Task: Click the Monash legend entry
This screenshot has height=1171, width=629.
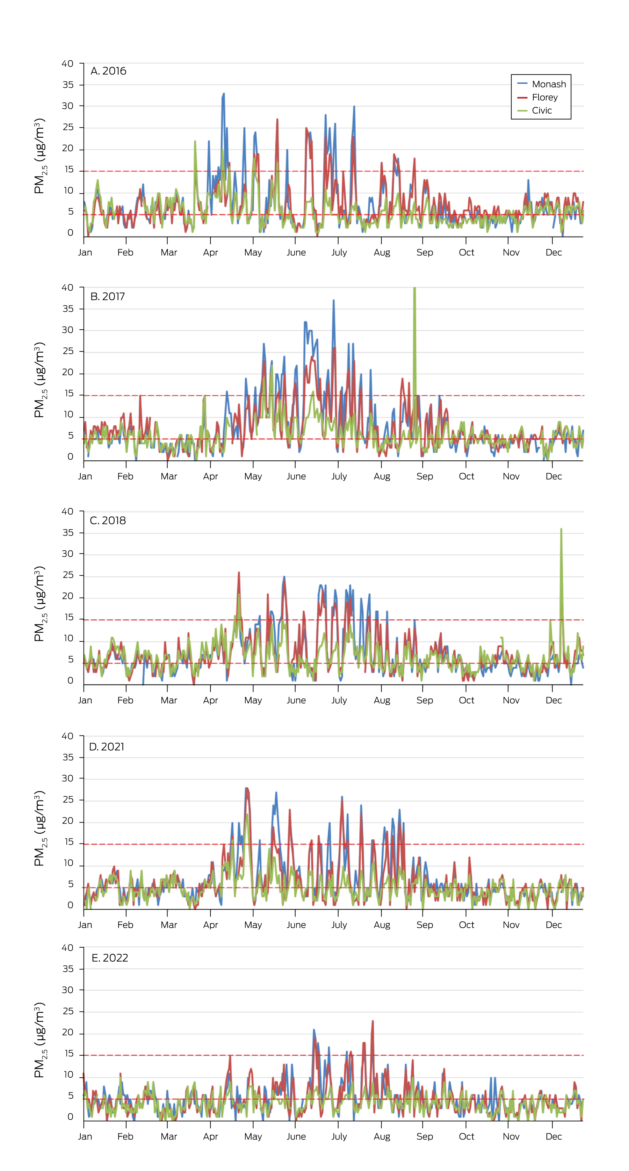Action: (549, 84)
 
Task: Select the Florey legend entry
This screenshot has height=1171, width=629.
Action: (544, 97)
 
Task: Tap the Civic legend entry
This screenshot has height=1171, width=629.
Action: (542, 110)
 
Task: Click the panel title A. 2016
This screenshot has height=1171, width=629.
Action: (108, 71)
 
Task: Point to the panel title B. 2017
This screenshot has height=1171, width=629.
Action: (107, 296)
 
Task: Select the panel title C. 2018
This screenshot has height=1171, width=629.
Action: (108, 520)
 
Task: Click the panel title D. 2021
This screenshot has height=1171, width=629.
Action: (106, 747)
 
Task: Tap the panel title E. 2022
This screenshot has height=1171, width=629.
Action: (109, 958)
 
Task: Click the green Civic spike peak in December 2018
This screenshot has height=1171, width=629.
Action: (561, 529)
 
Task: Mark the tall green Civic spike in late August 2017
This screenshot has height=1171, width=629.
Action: (414, 289)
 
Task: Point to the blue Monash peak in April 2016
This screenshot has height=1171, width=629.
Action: (224, 94)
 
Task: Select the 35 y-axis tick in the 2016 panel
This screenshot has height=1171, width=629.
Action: (68, 85)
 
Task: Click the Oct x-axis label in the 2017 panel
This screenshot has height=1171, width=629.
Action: (466, 476)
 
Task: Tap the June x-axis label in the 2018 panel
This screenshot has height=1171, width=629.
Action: (296, 701)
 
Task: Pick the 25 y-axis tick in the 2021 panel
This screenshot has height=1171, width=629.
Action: (68, 800)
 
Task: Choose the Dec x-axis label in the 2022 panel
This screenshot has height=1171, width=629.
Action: (554, 1136)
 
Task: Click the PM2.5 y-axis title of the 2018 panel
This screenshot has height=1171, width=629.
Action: (40, 604)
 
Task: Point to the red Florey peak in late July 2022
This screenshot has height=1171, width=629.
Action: (373, 1021)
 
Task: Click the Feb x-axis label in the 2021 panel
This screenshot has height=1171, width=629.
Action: (125, 925)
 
